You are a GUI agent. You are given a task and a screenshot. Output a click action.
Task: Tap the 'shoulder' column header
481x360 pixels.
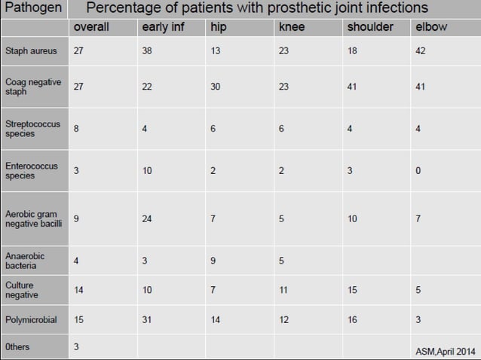369,28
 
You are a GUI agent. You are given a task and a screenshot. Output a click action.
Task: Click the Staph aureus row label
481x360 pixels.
29,51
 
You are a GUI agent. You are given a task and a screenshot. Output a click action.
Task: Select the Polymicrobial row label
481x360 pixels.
30,320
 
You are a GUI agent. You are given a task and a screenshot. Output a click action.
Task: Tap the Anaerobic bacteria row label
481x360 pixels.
26,261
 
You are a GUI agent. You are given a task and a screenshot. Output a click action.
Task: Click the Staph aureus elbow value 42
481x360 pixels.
421,51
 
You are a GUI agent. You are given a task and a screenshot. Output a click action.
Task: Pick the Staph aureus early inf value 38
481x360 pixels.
147,51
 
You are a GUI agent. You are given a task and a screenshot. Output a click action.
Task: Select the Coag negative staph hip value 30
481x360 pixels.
215,87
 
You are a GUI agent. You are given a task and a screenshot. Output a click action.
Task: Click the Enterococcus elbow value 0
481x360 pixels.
418,171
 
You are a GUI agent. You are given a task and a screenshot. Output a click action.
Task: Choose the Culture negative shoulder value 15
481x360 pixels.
351,290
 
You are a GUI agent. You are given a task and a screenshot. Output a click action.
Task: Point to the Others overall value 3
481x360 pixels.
77,347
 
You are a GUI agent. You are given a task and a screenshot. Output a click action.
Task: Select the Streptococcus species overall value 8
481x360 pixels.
77,129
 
